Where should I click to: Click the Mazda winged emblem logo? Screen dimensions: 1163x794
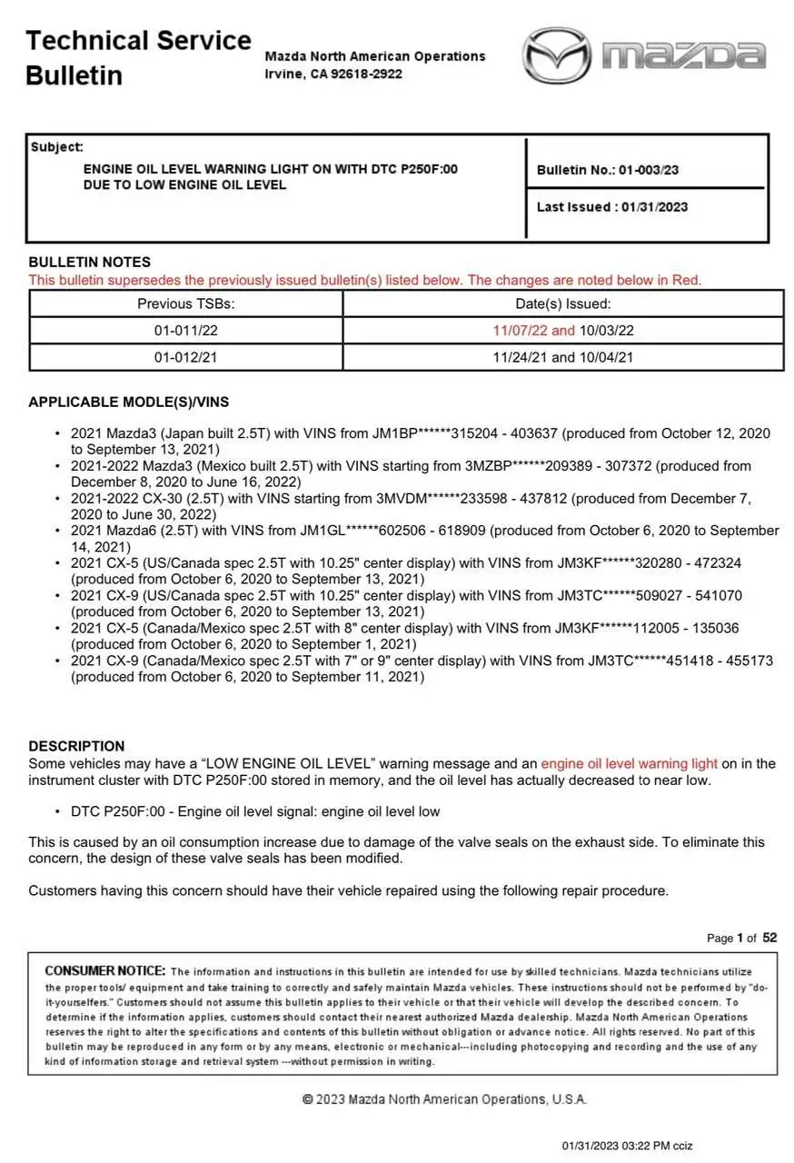(x=555, y=55)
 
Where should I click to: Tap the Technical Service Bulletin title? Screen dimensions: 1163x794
(x=138, y=57)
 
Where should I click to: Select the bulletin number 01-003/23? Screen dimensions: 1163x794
(x=649, y=170)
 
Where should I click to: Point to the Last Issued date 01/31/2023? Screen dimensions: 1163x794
(x=654, y=207)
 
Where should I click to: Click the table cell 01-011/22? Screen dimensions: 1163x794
(x=186, y=331)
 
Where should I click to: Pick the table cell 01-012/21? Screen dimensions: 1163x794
(x=186, y=357)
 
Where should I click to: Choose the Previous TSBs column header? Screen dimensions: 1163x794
(x=186, y=304)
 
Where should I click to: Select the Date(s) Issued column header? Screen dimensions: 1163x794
(x=563, y=304)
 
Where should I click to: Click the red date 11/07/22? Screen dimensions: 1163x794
(x=521, y=331)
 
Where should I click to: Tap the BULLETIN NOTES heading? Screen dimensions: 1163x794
(x=90, y=262)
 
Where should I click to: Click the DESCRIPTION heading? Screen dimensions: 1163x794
(x=77, y=746)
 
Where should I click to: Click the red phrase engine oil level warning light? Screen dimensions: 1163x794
(x=629, y=763)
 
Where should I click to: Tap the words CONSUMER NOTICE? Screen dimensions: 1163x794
(x=105, y=971)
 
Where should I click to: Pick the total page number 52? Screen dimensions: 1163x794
(x=769, y=938)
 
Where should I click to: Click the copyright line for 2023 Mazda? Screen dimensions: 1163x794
(x=444, y=1099)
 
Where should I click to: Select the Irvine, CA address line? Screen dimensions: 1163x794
(x=333, y=74)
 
